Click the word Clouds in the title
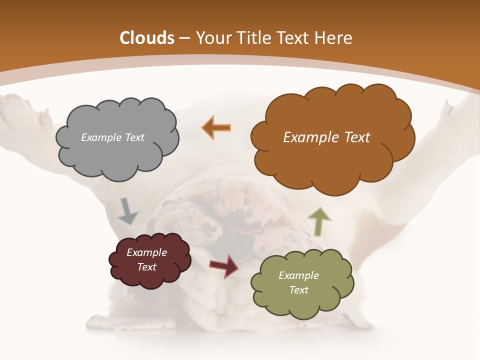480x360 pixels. (146, 38)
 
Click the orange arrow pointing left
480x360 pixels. (216, 127)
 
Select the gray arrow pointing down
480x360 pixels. (127, 211)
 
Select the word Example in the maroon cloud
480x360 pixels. (147, 252)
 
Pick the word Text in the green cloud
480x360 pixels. (298, 290)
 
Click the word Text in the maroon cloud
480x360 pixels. (147, 267)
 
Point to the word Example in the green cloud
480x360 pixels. (298, 275)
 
